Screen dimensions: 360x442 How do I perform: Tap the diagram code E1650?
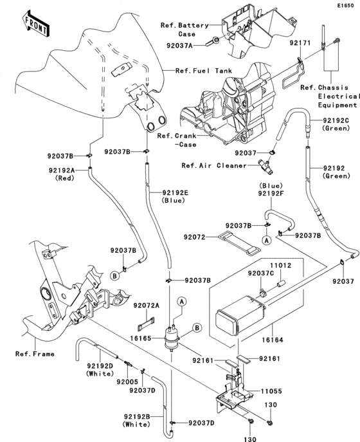click(346, 5)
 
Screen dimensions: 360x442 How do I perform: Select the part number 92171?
click(300, 43)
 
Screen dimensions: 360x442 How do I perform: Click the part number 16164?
click(273, 340)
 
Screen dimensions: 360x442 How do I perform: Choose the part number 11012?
click(281, 266)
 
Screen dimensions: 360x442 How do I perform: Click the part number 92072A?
click(147, 306)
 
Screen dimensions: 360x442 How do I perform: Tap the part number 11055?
click(271, 391)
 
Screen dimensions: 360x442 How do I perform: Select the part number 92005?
click(127, 382)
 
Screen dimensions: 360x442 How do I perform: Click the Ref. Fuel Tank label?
click(204, 71)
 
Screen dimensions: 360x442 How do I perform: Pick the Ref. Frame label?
click(35, 354)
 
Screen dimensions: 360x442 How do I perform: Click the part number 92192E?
click(175, 193)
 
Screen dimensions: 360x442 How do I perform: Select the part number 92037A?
click(179, 46)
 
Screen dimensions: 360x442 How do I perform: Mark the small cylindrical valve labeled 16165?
click(172, 337)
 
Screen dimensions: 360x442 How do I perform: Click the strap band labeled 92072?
click(239, 244)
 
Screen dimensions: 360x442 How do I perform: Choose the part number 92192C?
click(336, 121)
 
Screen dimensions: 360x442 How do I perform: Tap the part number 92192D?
click(100, 366)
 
